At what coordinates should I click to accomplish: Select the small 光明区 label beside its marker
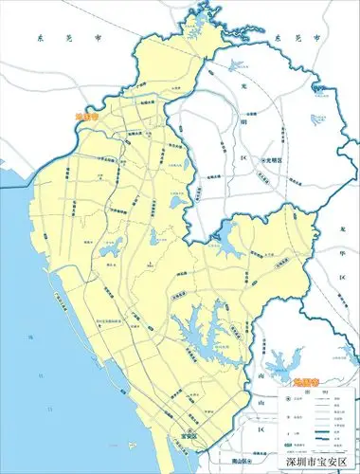point(274,160)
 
